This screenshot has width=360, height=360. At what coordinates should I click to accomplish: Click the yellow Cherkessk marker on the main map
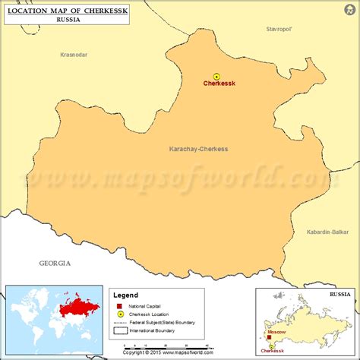click(x=216, y=76)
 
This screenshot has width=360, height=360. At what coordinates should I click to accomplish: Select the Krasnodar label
click(x=74, y=55)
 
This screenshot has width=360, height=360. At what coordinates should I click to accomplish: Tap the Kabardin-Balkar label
click(x=327, y=231)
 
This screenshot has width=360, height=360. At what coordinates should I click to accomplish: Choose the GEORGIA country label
click(x=55, y=263)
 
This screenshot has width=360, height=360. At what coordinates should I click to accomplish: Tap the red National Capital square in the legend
click(x=120, y=305)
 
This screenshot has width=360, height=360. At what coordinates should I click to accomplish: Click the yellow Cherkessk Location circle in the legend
click(x=120, y=314)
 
